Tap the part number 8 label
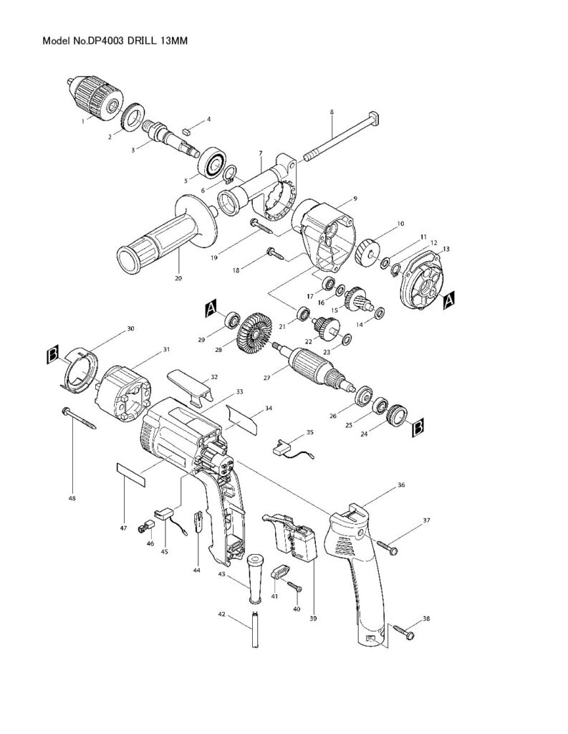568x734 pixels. pyautogui.click(x=332, y=112)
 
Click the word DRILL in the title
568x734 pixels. pyautogui.click(x=142, y=42)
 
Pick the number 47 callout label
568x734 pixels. pyautogui.click(x=123, y=528)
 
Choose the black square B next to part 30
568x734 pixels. pyautogui.click(x=52, y=354)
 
